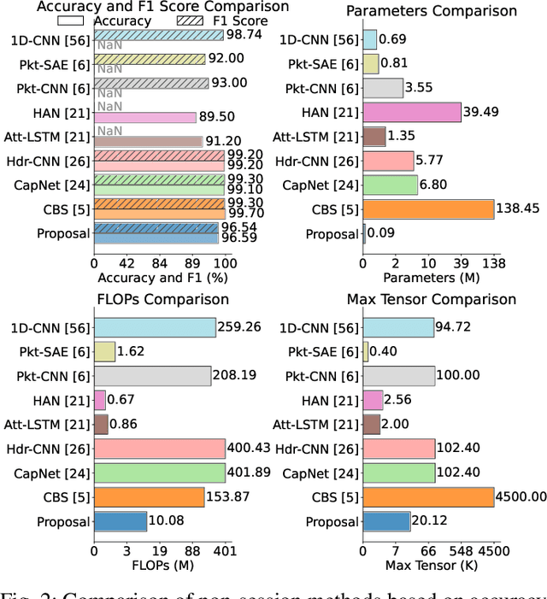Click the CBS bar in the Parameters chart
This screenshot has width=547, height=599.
click(428, 209)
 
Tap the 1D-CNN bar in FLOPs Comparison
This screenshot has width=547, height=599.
click(155, 327)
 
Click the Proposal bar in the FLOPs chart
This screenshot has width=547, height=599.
click(121, 521)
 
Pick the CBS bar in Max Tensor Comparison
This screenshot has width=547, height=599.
click(428, 497)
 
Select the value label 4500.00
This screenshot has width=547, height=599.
click(521, 497)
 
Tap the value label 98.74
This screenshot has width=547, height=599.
click(244, 35)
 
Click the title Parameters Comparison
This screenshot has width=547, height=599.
click(443, 11)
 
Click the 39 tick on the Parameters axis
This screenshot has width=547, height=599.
click(462, 261)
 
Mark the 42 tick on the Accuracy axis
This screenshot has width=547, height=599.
click(126, 261)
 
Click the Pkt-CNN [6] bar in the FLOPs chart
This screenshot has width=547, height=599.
click(152, 376)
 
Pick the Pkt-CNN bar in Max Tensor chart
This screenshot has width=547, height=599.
click(398, 376)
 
